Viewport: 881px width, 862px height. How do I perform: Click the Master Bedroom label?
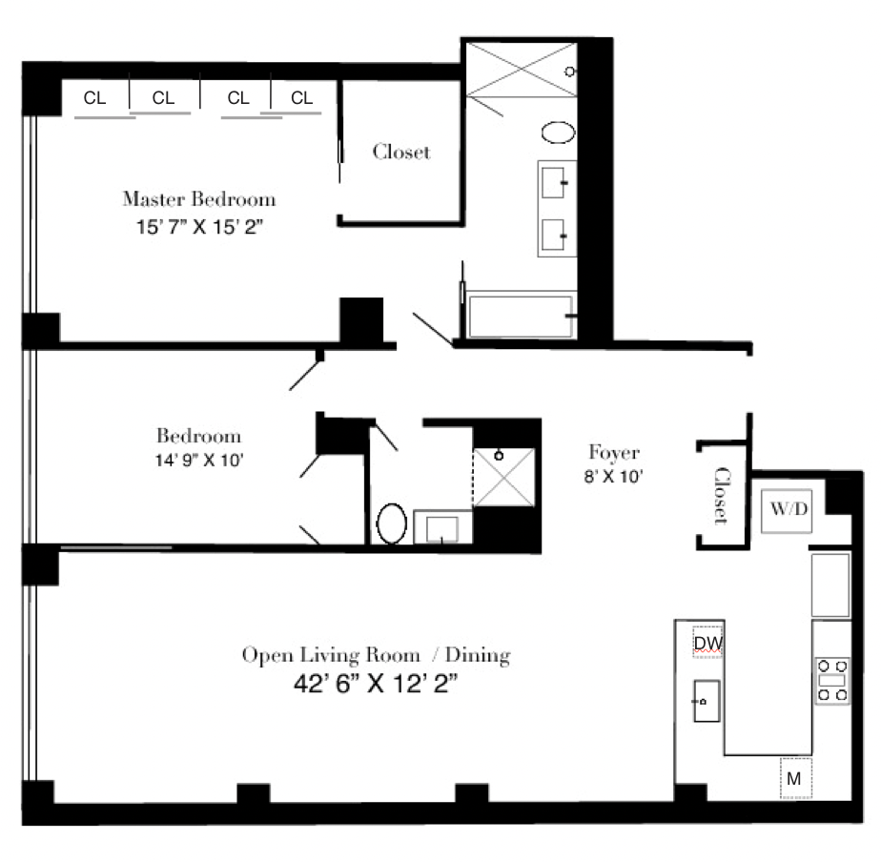click(x=198, y=199)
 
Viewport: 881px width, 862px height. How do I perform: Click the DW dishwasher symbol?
click(x=707, y=643)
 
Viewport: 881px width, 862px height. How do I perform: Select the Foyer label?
click(x=613, y=453)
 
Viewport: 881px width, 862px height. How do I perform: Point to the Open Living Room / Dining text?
click(x=376, y=655)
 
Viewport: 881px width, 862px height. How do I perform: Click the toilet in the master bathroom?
click(x=558, y=132)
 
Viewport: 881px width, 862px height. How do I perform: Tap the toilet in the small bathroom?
click(x=392, y=523)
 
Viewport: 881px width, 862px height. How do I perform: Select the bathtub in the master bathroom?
click(x=520, y=316)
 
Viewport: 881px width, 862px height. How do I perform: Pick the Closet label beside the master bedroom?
click(x=400, y=152)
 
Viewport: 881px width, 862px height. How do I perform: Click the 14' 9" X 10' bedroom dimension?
click(x=198, y=459)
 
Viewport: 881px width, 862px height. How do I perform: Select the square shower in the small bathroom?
click(x=506, y=474)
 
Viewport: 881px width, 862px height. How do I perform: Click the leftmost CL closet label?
click(x=94, y=97)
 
